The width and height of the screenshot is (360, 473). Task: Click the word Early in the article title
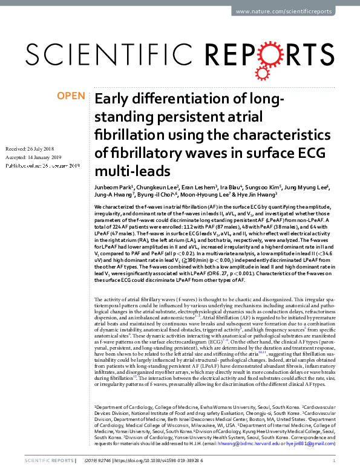[116, 99]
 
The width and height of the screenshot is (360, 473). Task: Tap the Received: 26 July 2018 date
[31, 149]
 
